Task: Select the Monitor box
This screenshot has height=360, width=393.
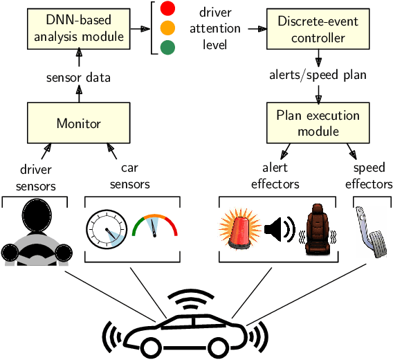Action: (79, 124)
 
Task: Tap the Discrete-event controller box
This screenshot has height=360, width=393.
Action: (318, 29)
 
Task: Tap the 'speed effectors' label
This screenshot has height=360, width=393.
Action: (366, 177)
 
